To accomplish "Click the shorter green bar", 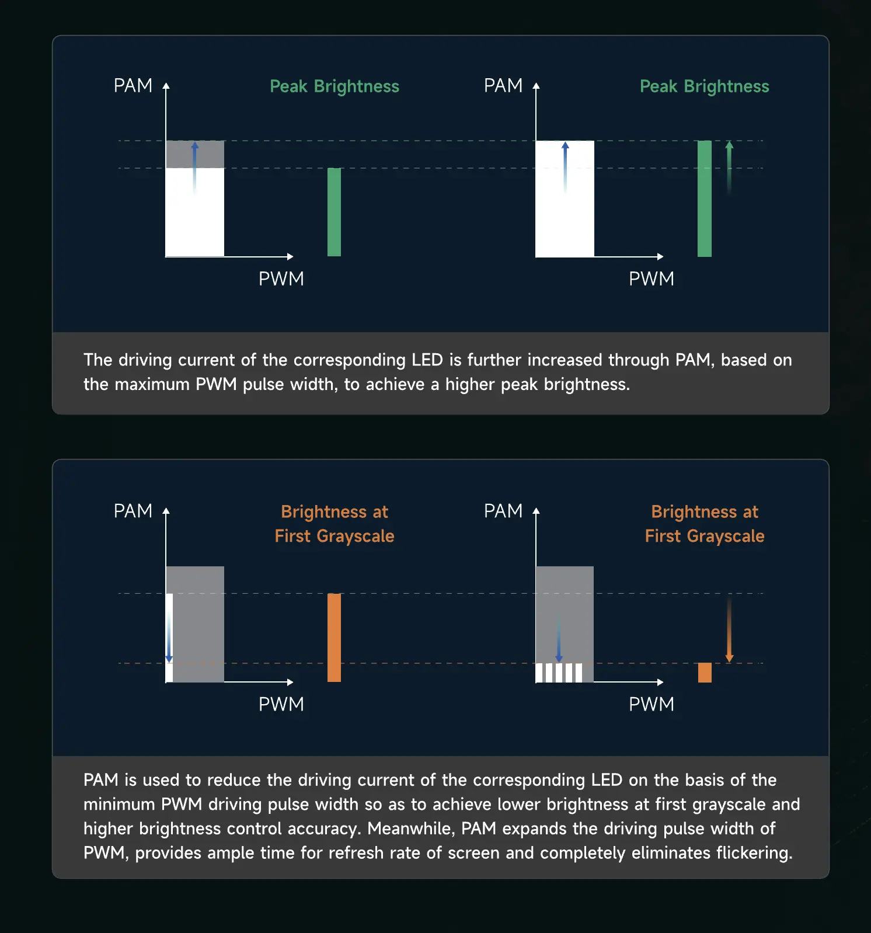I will [334, 212].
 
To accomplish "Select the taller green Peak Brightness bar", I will [705, 199].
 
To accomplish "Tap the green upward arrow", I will [729, 166].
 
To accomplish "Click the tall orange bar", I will [334, 638].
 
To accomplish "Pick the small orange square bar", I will [705, 672].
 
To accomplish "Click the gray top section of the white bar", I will [195, 154].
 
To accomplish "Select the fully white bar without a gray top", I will [565, 199].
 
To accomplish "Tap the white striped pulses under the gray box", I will [559, 673].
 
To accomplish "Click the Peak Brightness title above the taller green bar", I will [704, 86].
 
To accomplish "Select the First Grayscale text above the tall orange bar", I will [335, 536].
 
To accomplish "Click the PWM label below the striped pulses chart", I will [651, 704].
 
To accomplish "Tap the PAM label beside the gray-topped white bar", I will [133, 86].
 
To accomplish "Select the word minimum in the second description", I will [119, 805].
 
